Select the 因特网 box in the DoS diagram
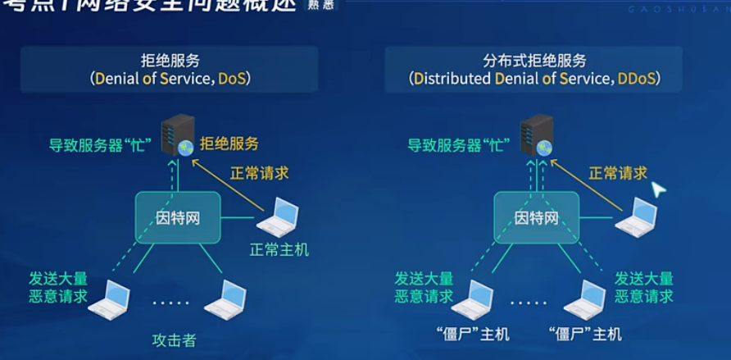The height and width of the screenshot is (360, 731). (178, 217)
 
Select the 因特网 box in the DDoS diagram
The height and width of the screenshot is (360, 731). (536, 217)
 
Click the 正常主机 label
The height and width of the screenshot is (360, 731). (279, 250)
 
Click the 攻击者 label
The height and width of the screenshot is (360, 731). (174, 340)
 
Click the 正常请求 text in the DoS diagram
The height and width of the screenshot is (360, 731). (259, 174)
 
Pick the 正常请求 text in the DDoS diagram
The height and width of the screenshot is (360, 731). (618, 173)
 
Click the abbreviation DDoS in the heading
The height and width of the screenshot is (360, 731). (638, 80)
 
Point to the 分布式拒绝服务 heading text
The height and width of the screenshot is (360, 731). (534, 60)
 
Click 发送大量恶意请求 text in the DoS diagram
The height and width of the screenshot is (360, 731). (57, 287)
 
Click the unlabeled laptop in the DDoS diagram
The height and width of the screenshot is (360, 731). (636, 217)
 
